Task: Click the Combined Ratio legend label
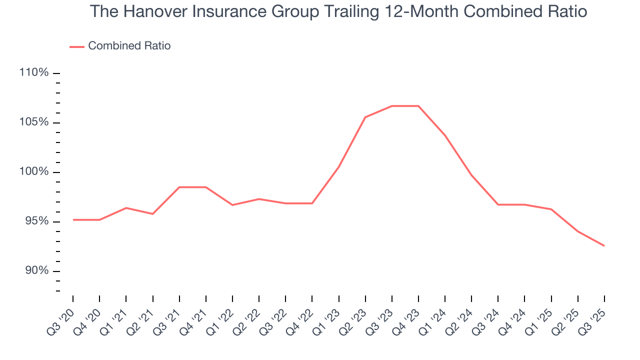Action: click(x=129, y=46)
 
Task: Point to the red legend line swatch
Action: click(x=77, y=46)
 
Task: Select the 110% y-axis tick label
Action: click(x=34, y=73)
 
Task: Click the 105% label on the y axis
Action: click(x=34, y=122)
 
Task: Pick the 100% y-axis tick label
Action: click(x=34, y=172)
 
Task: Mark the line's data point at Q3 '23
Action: click(x=392, y=106)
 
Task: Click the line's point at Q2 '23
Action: click(x=365, y=117)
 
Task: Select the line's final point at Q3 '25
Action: click(x=604, y=245)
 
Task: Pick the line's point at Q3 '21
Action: click(x=179, y=187)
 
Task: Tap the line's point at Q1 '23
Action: click(x=339, y=166)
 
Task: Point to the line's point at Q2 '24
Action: click(x=471, y=175)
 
